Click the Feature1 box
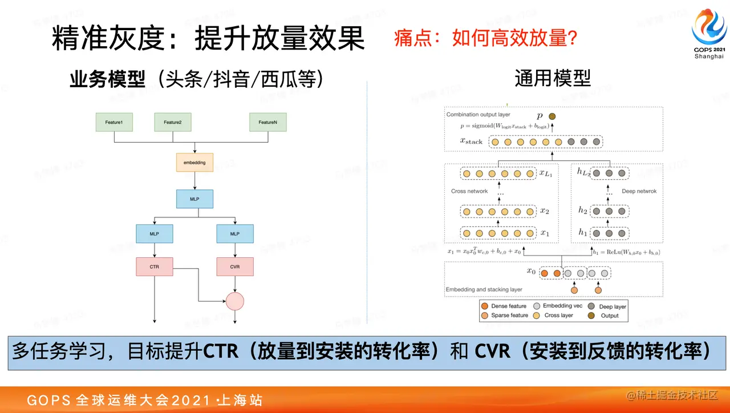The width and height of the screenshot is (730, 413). pos(114,123)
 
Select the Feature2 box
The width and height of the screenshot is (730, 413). pos(172,123)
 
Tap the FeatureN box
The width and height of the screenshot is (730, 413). pos(267,123)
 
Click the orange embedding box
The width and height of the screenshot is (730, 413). pos(194,163)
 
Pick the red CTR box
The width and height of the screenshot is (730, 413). pos(154,266)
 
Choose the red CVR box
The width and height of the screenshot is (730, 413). pos(235,266)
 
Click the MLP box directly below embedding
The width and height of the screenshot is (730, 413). pos(194,199)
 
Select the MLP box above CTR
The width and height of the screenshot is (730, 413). pos(154,234)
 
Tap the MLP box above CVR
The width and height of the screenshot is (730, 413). pos(235,234)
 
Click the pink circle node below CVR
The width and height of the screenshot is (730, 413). pos(235,301)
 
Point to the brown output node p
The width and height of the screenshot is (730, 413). pos(552,116)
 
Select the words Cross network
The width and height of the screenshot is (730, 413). pos(469,191)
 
